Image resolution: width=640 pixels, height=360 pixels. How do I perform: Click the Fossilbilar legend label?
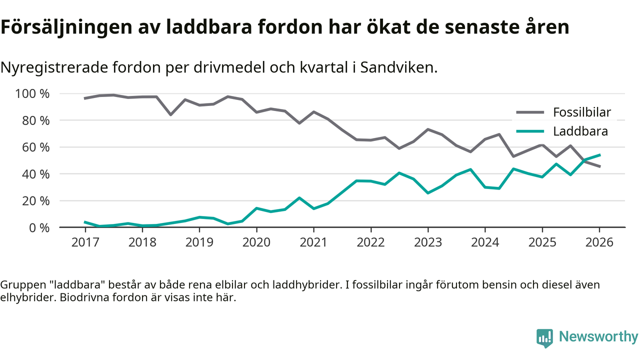582,112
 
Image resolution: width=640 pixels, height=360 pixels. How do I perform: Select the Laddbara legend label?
580,131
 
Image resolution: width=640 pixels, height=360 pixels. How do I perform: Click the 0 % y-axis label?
38,227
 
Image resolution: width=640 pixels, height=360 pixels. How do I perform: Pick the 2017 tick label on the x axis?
85,242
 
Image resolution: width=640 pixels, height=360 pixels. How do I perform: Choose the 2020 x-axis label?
256,242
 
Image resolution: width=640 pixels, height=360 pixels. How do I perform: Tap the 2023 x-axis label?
427,242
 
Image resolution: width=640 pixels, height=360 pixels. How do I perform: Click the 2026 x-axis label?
599,242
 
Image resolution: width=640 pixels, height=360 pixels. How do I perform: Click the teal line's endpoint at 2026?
599,155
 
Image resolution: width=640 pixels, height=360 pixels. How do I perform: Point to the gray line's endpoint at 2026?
599,166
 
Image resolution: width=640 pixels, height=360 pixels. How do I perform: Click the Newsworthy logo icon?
544,337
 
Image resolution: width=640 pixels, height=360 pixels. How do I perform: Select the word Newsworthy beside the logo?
598,336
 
